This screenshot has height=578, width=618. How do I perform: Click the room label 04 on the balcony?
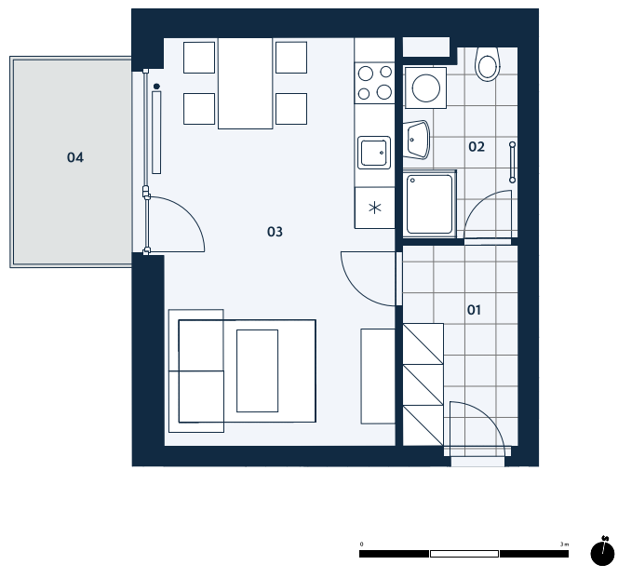tap(74, 157)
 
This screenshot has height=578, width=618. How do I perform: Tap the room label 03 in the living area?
tap(275, 232)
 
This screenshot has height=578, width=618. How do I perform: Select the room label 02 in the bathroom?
tap(477, 147)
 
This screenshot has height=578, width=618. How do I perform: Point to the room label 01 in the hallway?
tap(474, 310)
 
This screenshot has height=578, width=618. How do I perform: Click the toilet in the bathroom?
tap(488, 64)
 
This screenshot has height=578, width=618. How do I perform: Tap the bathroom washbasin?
tap(417, 140)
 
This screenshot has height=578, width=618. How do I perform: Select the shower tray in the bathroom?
tap(430, 204)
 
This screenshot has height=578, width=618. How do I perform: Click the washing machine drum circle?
tap(426, 87)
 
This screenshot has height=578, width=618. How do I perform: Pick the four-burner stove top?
tap(374, 83)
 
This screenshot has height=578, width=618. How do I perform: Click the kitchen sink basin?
tap(374, 153)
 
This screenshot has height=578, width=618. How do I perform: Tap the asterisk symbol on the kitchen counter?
tap(374, 208)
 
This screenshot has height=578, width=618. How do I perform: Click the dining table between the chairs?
tap(245, 83)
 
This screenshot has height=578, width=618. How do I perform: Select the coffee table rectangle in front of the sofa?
tap(258, 370)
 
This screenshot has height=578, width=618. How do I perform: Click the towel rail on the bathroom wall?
tap(513, 162)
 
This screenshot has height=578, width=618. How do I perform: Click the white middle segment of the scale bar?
tap(464, 554)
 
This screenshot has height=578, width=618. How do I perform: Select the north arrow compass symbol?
tap(602, 551)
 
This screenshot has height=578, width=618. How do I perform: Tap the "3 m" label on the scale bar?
tap(564, 544)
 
